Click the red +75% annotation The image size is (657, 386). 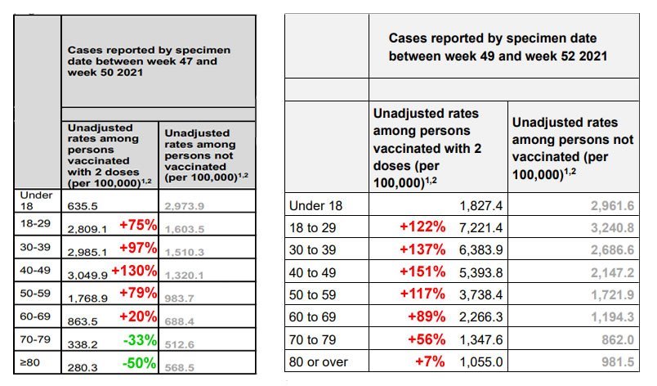[138, 225]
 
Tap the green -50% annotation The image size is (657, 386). [139, 363]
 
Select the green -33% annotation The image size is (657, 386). [140, 340]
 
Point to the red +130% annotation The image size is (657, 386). [134, 271]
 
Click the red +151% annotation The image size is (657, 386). [422, 272]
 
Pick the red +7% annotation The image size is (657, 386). [430, 361]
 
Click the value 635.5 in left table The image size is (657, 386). [83, 206]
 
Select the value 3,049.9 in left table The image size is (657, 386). [87, 276]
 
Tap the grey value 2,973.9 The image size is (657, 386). [185, 206]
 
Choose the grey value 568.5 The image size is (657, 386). [179, 367]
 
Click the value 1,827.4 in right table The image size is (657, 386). [481, 206]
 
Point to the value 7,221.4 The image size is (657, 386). [481, 228]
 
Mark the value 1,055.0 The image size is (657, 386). [481, 361]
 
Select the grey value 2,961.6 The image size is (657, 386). [613, 206]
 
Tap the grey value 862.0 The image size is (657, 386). [618, 339]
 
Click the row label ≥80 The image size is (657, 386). [29, 362]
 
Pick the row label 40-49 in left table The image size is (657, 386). [35, 270]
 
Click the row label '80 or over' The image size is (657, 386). [319, 361]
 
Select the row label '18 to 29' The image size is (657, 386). [313, 227]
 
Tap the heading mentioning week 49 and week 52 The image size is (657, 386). [498, 47]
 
